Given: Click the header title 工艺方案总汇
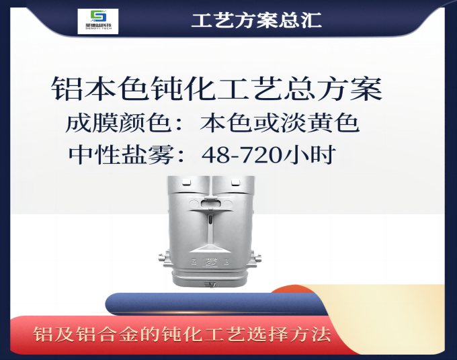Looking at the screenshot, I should (256, 20).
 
